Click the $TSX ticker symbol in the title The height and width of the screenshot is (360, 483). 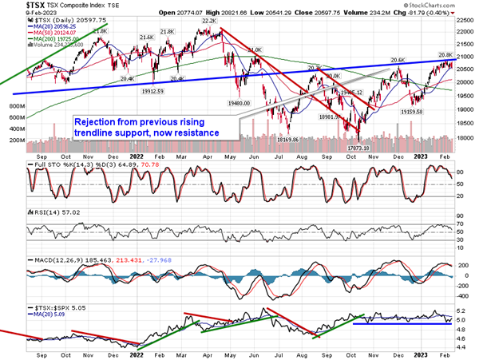(x=14, y=5)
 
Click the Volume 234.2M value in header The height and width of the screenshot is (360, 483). (x=369, y=13)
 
